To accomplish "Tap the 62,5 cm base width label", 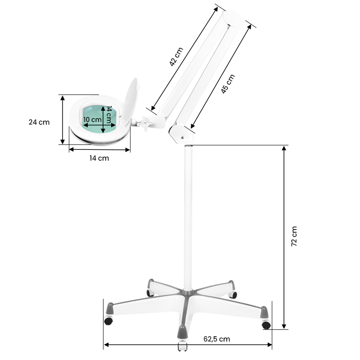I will point(217,339).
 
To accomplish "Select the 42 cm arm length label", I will point(177,57).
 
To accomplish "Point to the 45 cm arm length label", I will point(228,84).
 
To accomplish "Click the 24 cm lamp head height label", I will point(39,122).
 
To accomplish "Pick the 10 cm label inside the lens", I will point(93,120).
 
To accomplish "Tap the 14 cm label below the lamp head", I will point(99,158).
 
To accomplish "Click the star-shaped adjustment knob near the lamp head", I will point(145,122).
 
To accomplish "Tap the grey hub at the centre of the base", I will point(187,296).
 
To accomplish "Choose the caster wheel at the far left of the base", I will point(108,321).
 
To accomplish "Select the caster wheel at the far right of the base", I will point(266,324).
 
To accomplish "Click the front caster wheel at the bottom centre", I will point(182,347).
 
